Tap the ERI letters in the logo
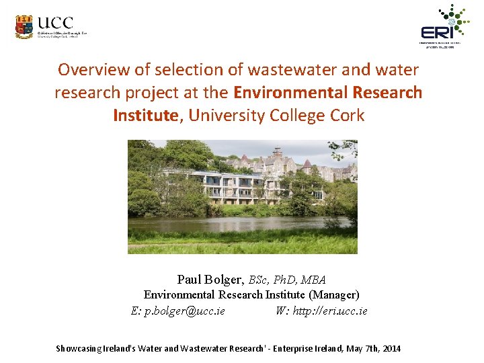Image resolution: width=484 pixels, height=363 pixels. click(x=436, y=32)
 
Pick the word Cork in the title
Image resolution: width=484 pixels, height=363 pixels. click(x=347, y=115)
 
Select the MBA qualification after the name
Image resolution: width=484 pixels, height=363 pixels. click(x=314, y=280)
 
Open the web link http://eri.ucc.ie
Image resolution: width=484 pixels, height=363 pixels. click(x=331, y=311)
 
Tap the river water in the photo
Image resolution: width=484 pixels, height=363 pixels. click(x=242, y=223)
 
